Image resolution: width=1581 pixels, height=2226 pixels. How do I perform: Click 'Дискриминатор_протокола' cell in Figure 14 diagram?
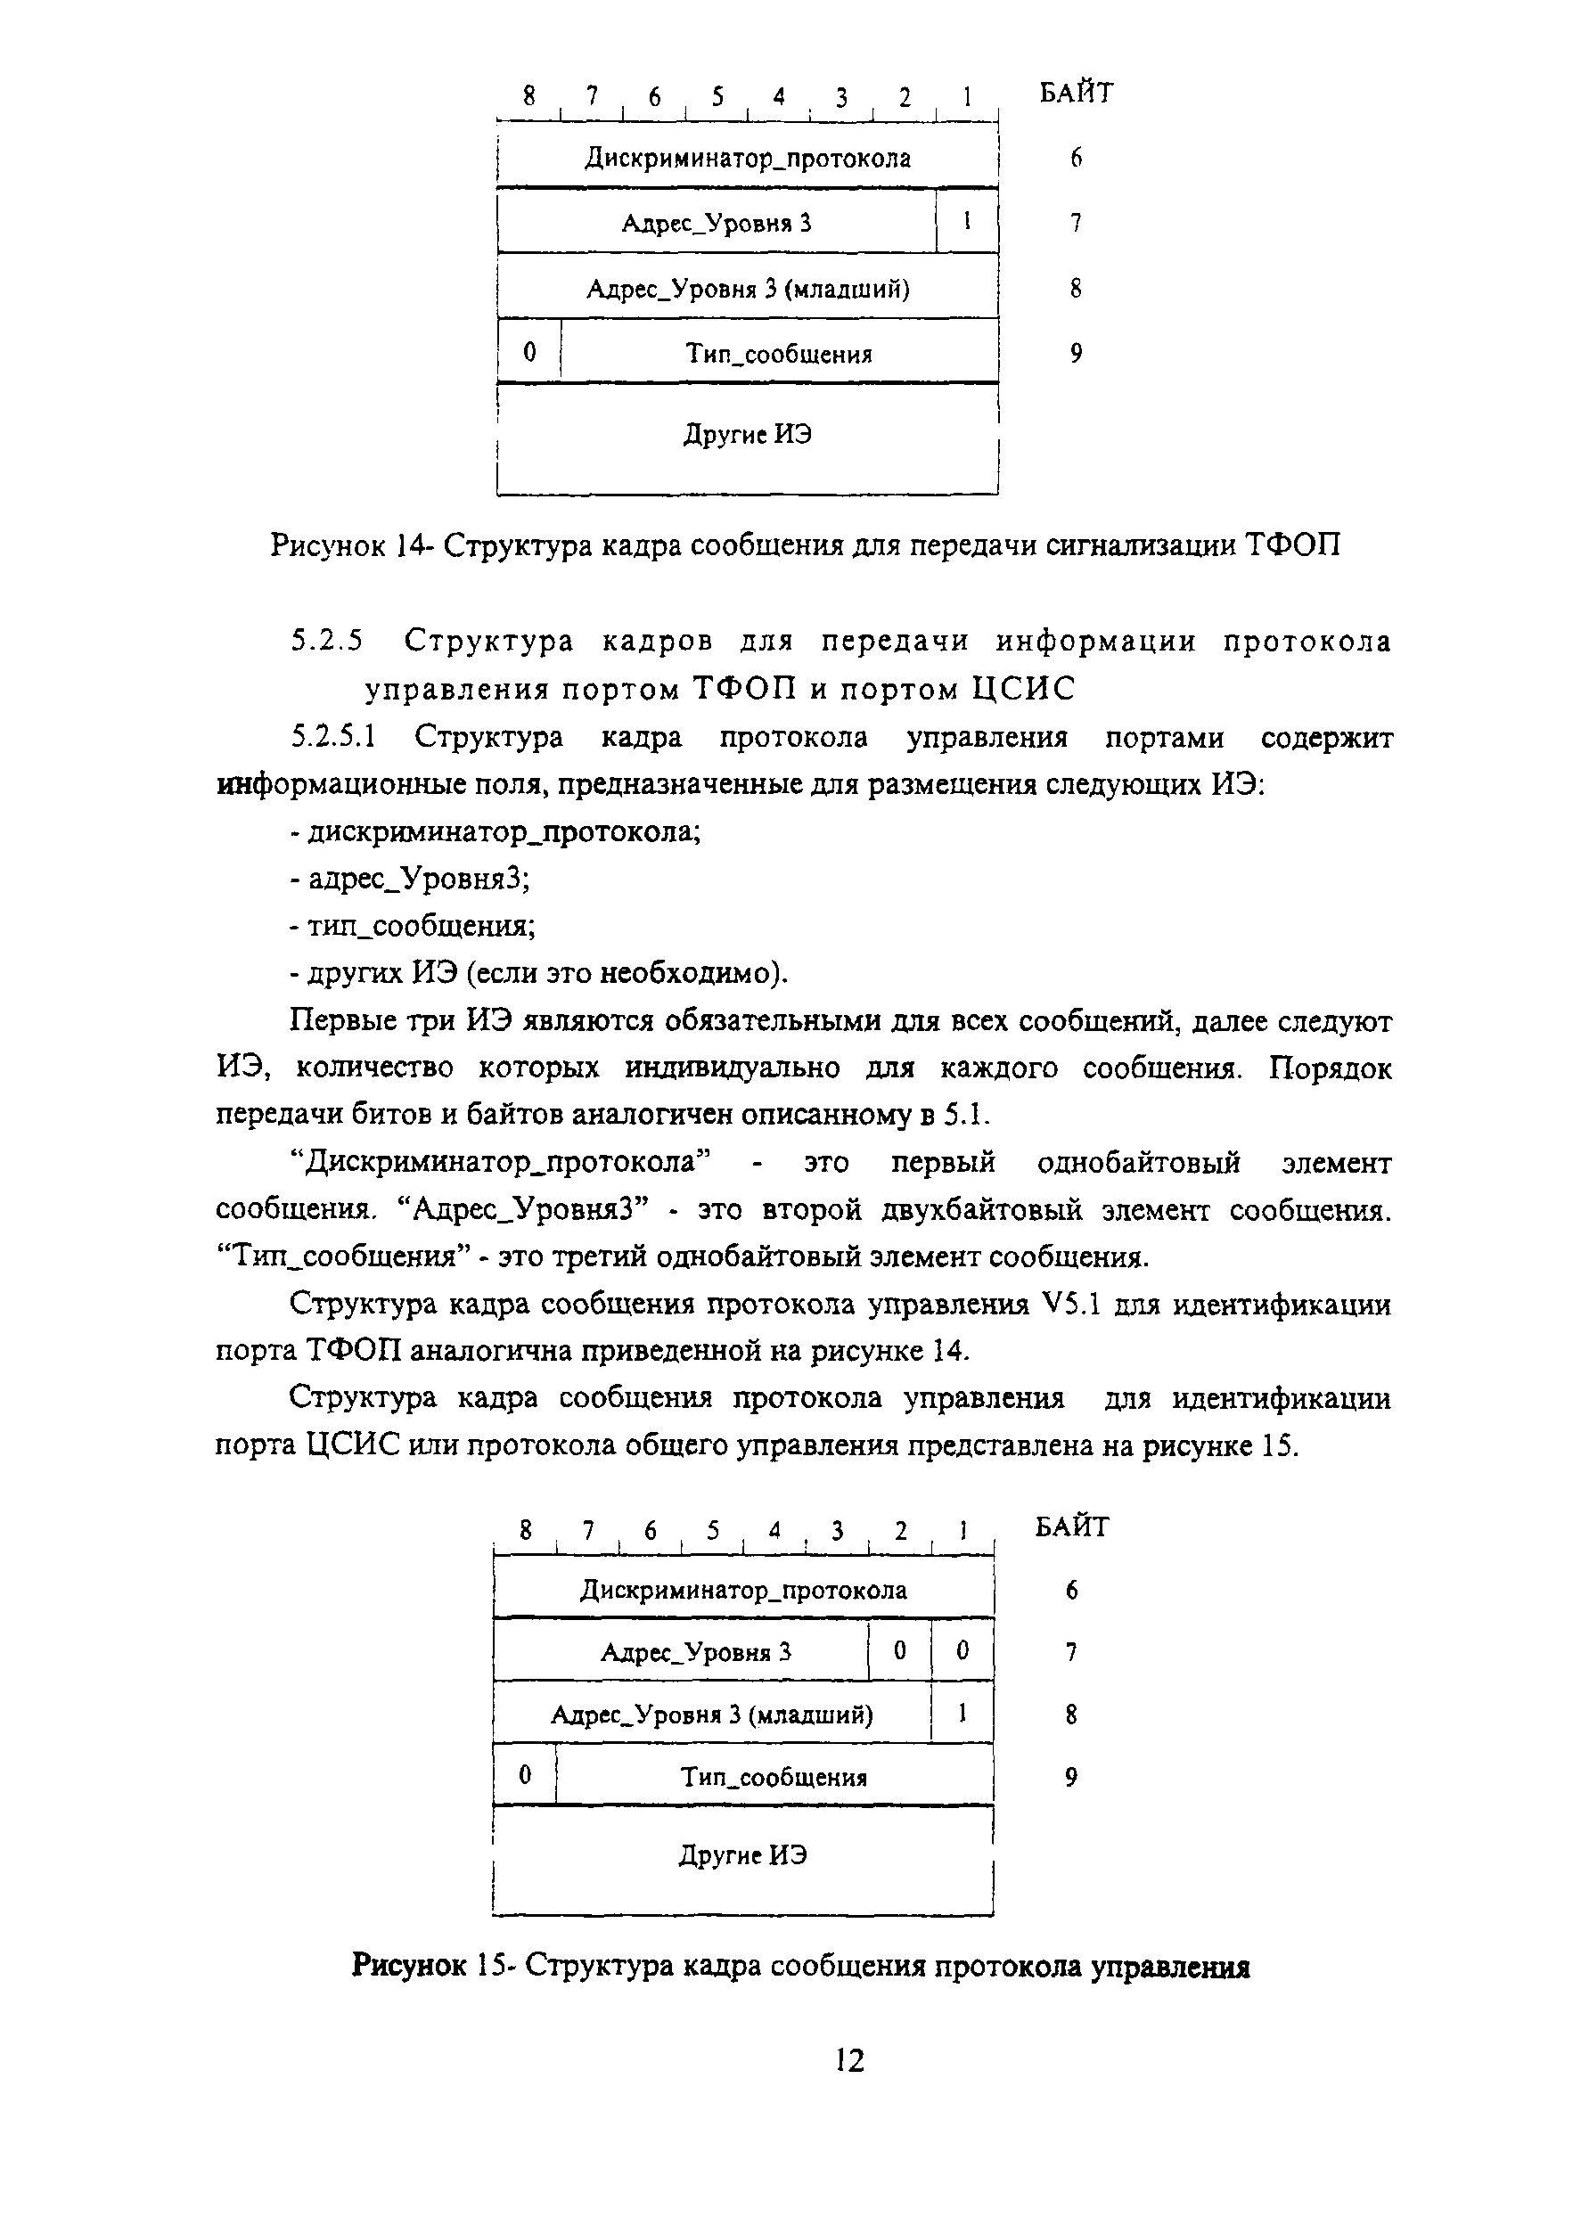pyautogui.click(x=748, y=159)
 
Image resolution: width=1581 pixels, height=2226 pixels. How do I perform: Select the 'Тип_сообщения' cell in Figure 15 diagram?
pyautogui.click(x=774, y=1777)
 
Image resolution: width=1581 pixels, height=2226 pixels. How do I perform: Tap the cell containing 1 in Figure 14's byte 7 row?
pyautogui.click(x=967, y=223)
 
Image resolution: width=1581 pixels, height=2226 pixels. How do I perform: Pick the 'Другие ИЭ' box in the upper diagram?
pyautogui.click(x=748, y=435)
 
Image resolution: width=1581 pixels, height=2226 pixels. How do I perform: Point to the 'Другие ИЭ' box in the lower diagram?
pyautogui.click(x=742, y=1856)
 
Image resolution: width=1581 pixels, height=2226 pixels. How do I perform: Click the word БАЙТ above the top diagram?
pyautogui.click(x=1076, y=94)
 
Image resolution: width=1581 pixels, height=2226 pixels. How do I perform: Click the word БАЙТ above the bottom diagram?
pyautogui.click(x=1071, y=1527)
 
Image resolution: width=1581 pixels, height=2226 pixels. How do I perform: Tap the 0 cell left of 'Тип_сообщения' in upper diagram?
pyautogui.click(x=528, y=352)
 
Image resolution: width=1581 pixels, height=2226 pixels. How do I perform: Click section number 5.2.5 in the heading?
pyautogui.click(x=326, y=642)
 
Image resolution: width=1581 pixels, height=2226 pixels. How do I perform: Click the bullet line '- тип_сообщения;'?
pyautogui.click(x=413, y=926)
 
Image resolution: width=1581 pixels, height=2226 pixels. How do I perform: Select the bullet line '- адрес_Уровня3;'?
pyautogui.click(x=410, y=879)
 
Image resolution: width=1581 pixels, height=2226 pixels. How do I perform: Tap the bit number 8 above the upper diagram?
pyautogui.click(x=528, y=95)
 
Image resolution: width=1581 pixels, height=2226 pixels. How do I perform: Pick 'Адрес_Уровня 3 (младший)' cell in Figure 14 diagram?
pyautogui.click(x=748, y=289)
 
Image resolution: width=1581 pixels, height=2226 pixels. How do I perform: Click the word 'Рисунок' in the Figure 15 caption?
pyautogui.click(x=409, y=1967)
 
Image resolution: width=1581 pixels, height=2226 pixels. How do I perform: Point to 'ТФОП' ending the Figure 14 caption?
pyautogui.click(x=1292, y=545)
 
